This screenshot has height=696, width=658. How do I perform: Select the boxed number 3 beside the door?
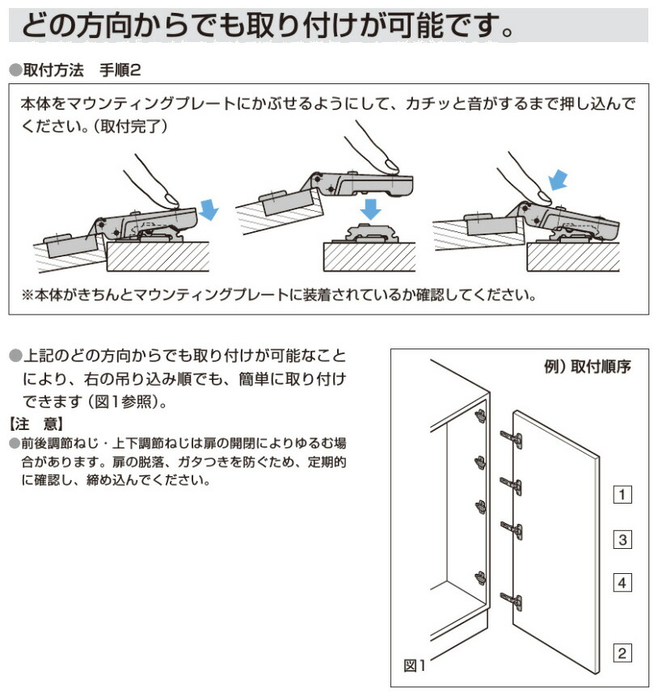point(622,539)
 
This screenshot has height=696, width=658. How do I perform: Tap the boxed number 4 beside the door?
point(622,582)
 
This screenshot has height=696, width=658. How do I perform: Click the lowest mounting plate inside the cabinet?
point(481,577)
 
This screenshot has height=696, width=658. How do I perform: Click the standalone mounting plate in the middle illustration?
point(370,234)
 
